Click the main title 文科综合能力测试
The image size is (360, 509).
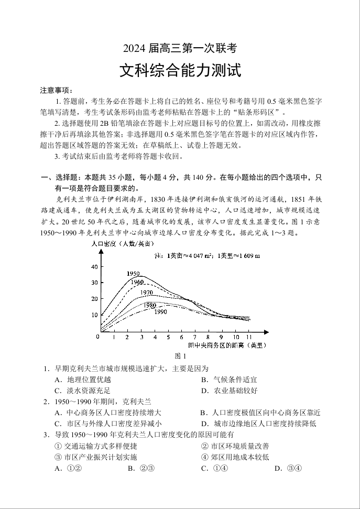[180, 70]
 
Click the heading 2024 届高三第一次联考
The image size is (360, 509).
[180, 49]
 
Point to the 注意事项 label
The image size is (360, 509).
[57, 90]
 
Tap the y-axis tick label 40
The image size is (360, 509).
[94, 267]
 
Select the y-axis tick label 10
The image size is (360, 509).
[94, 315]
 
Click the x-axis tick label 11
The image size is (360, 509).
[249, 337]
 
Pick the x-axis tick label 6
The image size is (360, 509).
[182, 337]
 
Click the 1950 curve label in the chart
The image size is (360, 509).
[133, 274]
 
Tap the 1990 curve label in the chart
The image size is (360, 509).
[160, 312]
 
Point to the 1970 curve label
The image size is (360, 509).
[147, 293]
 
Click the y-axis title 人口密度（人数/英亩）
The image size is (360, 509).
[123, 244]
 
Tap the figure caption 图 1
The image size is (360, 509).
[180, 356]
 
